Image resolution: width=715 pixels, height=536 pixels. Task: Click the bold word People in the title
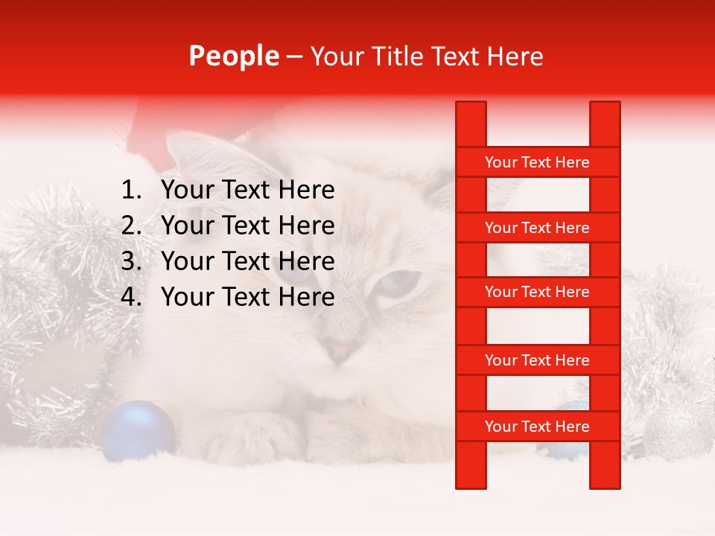point(234,56)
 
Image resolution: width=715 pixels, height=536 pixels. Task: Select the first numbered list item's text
point(247,191)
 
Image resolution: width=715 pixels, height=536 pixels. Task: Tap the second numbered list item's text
point(247,226)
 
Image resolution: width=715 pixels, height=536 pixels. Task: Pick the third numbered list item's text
point(247,261)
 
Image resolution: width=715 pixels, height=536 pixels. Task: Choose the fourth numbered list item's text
point(247,297)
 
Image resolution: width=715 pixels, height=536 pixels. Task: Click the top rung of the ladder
point(537,162)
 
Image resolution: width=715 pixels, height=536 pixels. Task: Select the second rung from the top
point(537,228)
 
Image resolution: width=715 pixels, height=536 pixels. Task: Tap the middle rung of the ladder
point(537,293)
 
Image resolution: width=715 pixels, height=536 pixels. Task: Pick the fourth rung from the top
point(537,360)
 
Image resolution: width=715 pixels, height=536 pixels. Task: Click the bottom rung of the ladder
point(537,427)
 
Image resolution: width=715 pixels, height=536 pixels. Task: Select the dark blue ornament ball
point(138,430)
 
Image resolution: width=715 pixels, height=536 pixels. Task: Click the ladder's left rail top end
point(471,108)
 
